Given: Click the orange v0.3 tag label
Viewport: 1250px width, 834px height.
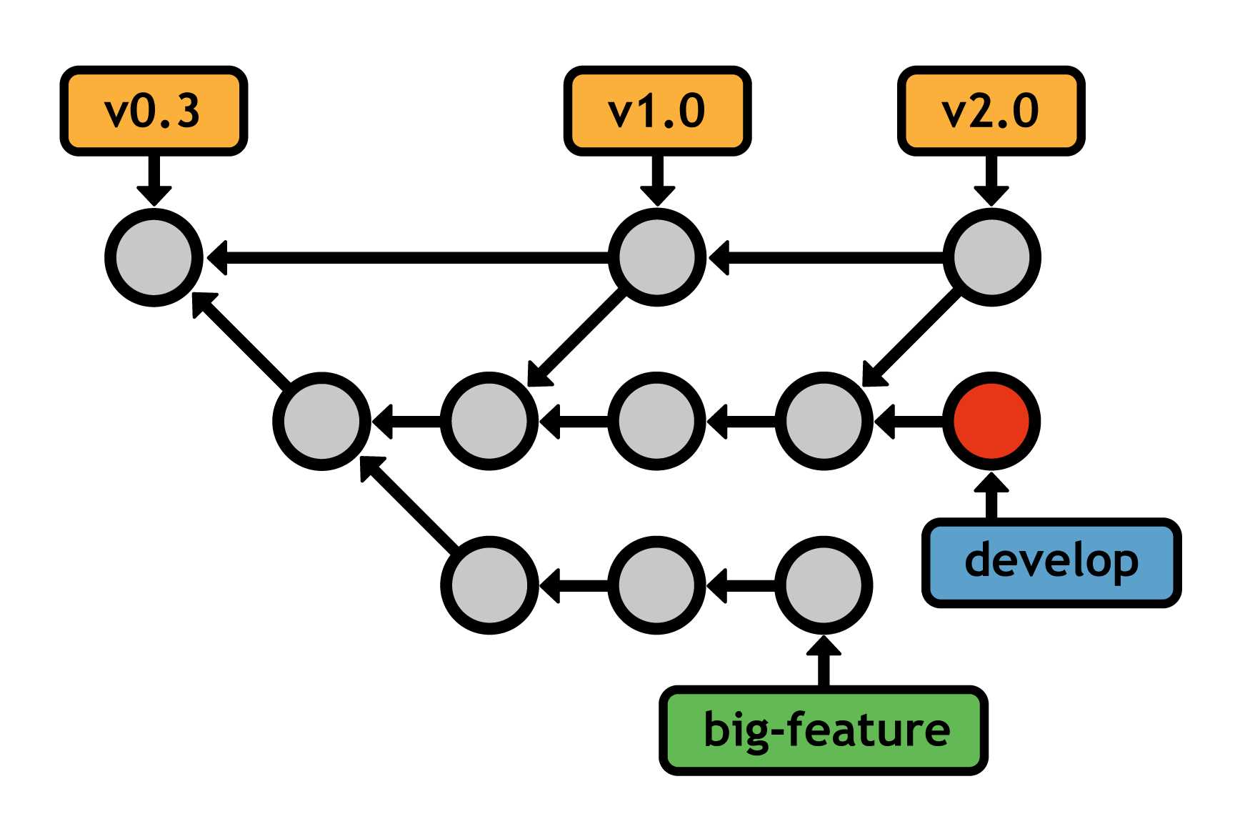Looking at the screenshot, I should (154, 111).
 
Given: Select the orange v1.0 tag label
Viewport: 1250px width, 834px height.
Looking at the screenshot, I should (657, 111).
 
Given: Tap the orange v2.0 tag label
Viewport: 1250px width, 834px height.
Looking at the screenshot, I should (991, 111).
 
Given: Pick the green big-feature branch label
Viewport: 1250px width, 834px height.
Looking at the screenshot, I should (824, 730).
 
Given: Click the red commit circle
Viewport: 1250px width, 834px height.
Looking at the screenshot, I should (991, 421).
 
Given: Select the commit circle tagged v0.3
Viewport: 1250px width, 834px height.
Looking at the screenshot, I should (154, 257).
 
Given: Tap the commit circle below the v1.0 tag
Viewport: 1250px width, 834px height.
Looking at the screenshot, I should (657, 257).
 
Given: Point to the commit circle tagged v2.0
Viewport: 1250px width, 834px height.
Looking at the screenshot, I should (991, 257).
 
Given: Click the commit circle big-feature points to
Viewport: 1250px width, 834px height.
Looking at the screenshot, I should (824, 585).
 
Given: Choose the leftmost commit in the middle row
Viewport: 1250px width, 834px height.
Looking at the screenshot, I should (322, 421).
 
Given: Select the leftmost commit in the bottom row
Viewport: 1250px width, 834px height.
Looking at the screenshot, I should (489, 585).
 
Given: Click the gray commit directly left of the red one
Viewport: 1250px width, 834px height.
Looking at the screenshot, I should (824, 421).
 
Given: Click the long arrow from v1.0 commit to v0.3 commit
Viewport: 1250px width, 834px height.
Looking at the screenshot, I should (407, 257).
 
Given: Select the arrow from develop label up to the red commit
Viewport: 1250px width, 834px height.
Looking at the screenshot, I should (991, 497).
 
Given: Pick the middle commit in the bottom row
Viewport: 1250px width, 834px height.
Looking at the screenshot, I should (657, 585).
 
